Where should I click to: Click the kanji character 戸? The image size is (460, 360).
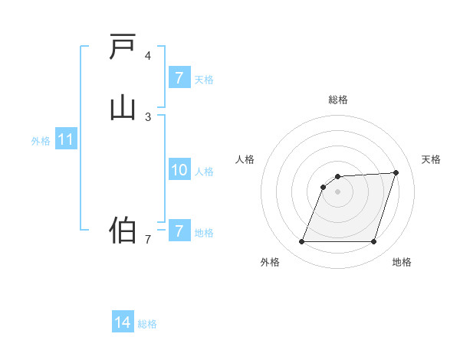[123, 47]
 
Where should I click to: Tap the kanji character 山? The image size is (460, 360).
[123, 106]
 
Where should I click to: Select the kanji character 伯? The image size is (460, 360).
[123, 230]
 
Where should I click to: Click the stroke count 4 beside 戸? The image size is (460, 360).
[148, 56]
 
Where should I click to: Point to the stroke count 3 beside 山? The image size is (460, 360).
[148, 116]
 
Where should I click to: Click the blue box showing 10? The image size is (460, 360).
[179, 171]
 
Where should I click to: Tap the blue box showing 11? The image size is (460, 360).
[66, 140]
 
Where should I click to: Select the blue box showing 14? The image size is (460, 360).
[123, 323]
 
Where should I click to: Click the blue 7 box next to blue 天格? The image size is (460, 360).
[179, 78]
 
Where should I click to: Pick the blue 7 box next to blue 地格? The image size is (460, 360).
[179, 231]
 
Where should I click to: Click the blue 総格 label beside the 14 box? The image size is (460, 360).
[147, 324]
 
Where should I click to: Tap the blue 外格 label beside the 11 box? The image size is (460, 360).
[41, 141]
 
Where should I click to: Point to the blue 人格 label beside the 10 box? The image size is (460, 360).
[204, 172]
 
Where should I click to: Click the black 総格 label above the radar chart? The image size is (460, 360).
[338, 100]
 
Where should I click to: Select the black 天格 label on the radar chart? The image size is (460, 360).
[431, 159]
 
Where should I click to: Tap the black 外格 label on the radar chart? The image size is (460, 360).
[270, 262]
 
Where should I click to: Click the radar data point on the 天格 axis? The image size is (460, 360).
[396, 173]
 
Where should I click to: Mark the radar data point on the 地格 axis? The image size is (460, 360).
[373, 242]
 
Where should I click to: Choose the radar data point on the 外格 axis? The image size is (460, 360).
[302, 242]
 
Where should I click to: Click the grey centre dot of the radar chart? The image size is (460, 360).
[338, 191]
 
